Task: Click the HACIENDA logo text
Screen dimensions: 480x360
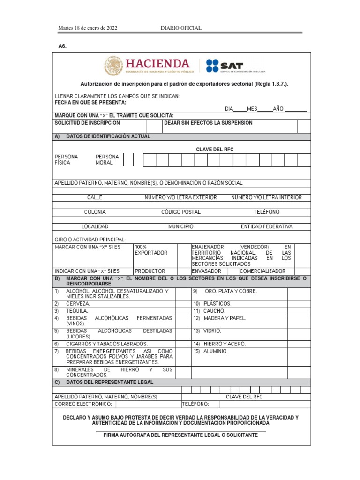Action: (x=157, y=63)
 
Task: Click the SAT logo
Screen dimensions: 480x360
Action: (x=225, y=66)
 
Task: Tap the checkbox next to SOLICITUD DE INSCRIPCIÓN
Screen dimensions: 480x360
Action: (x=153, y=126)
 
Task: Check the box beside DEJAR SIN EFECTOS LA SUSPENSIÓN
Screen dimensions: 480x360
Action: (x=303, y=126)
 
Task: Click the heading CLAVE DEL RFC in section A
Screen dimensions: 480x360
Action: (x=215, y=150)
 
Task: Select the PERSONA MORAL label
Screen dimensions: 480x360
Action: (x=107, y=160)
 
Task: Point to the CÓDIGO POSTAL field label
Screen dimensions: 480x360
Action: (x=181, y=212)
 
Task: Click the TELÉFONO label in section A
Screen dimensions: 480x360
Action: (x=266, y=212)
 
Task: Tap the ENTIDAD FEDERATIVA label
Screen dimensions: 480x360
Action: (x=267, y=226)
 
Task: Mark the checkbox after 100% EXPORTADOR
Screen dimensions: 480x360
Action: (x=184, y=255)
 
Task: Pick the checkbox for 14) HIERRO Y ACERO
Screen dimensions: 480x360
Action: (x=299, y=344)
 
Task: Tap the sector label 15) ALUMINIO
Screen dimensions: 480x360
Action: (x=210, y=351)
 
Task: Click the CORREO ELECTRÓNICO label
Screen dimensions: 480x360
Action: (x=83, y=404)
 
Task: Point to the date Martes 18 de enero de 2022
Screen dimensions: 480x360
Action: (x=88, y=28)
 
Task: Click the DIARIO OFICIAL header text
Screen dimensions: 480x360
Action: (x=181, y=28)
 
